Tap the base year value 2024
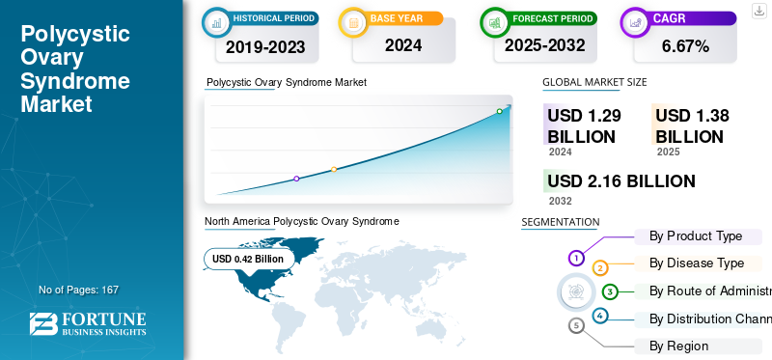403,45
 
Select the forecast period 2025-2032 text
539,45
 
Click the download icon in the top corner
758,10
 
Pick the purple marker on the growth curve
296,179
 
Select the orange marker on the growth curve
334,169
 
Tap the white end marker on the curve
500,111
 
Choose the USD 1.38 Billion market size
691,126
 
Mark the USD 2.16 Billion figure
620,181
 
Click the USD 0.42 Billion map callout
248,259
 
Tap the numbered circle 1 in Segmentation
576,258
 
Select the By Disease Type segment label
696,263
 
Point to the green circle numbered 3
610,291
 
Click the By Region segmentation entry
678,346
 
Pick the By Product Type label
695,235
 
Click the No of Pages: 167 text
78,290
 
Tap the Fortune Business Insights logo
88,323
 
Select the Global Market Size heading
594,83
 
